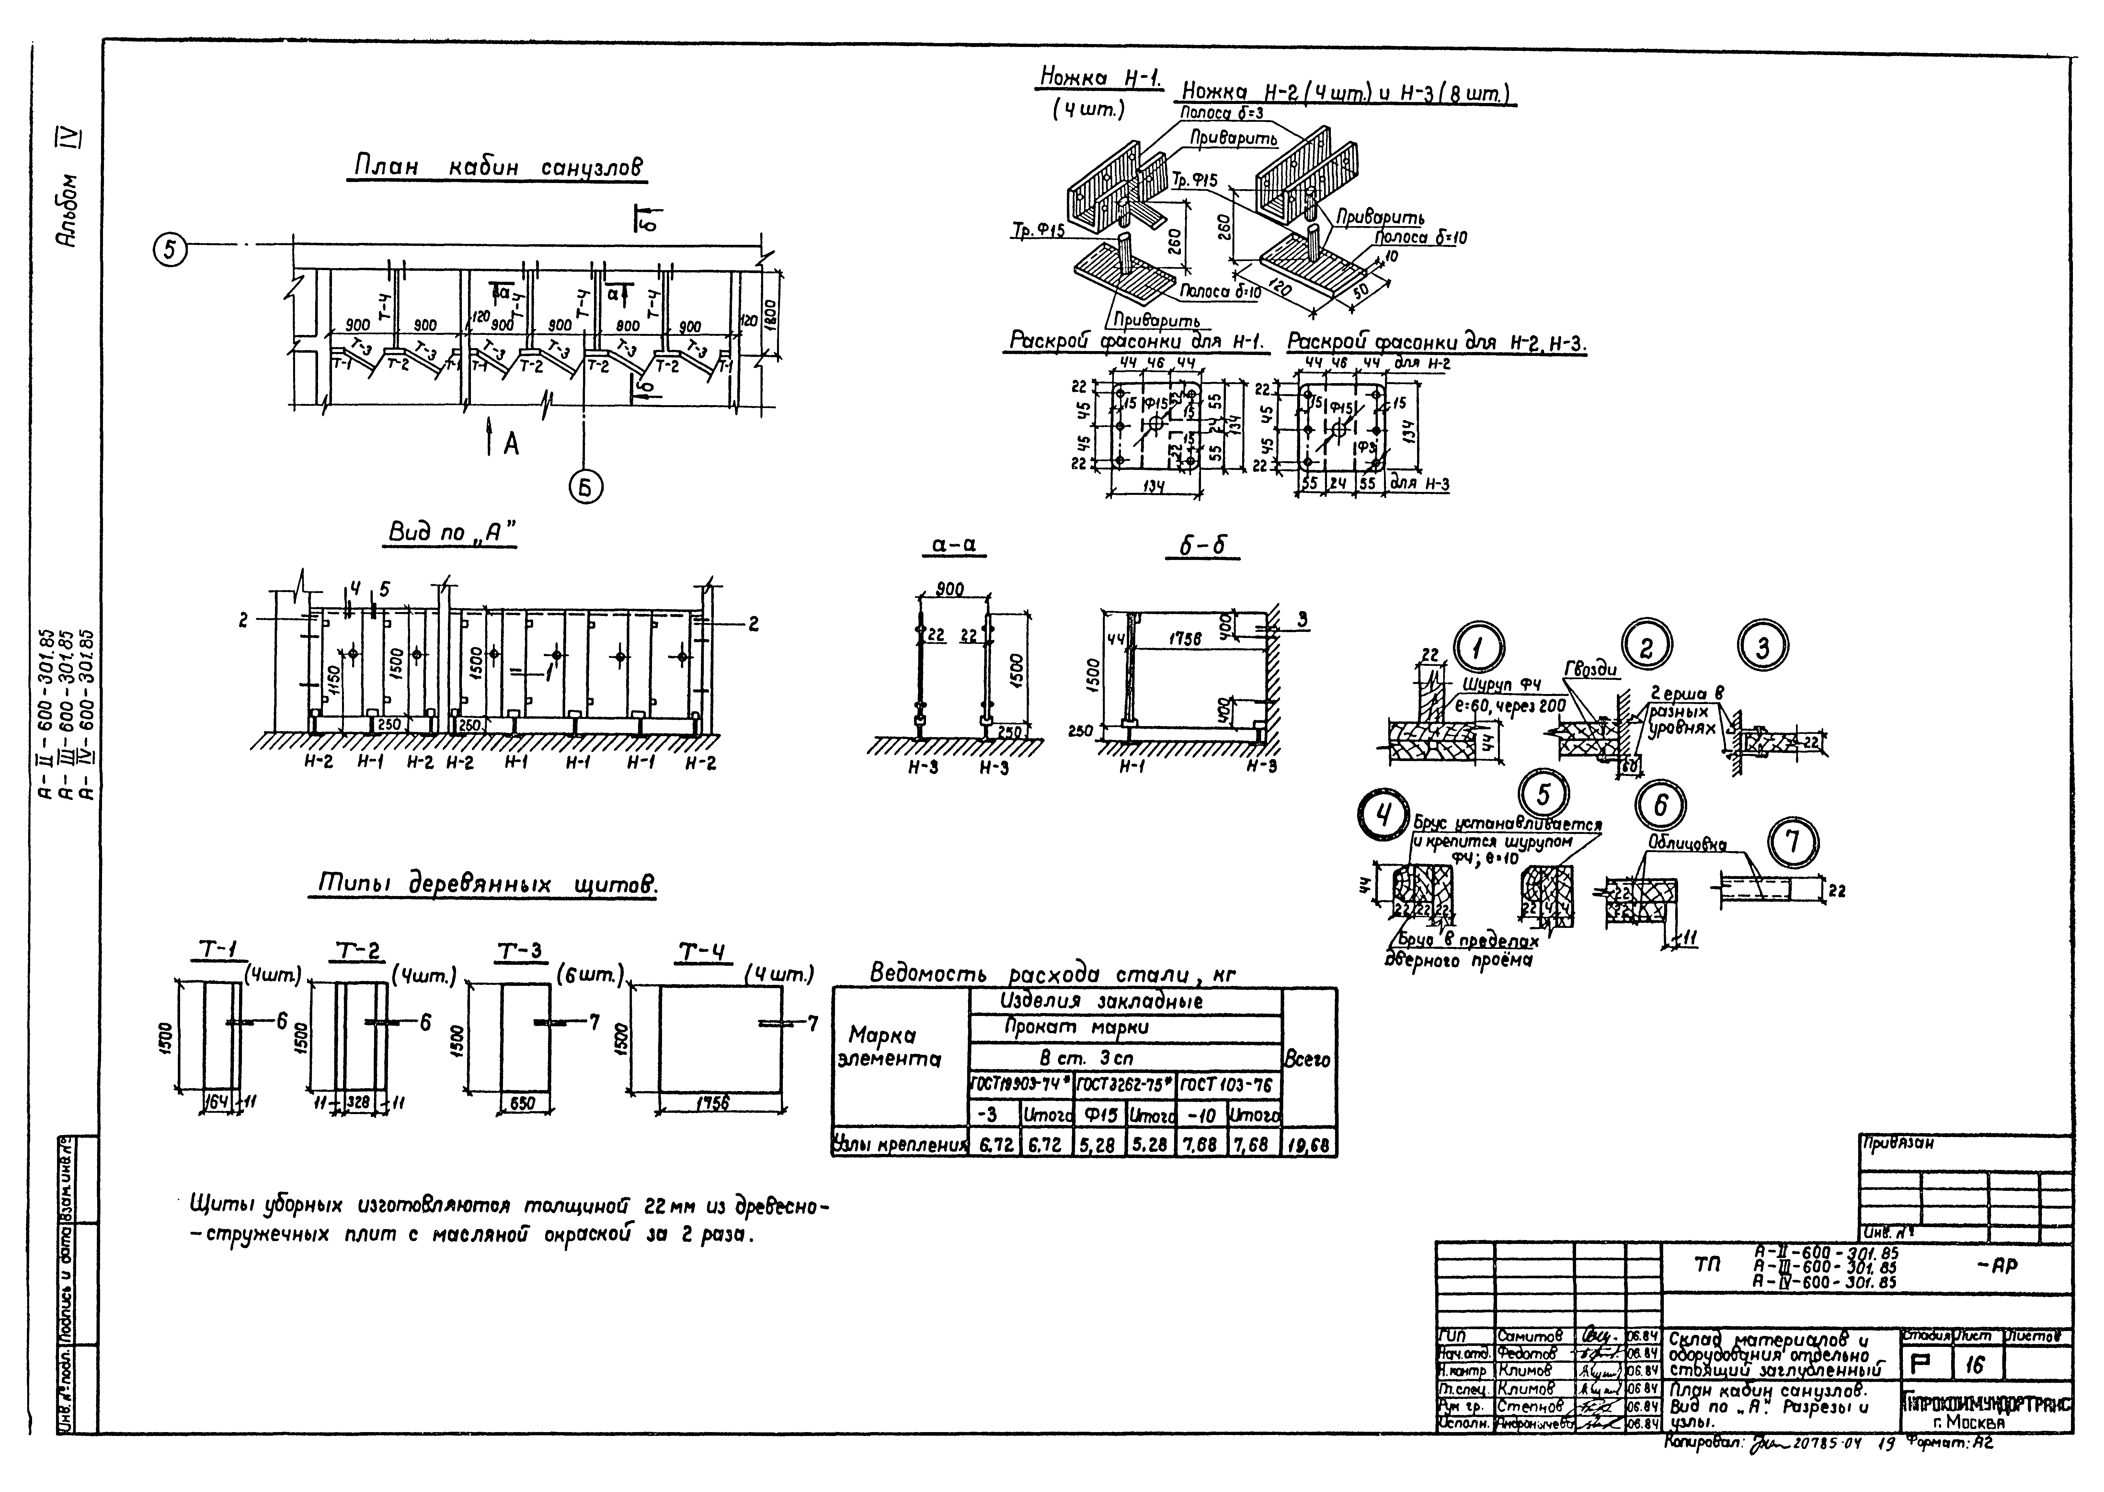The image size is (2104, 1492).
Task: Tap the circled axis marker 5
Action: [171, 249]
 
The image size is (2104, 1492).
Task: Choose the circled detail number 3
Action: [1762, 649]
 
